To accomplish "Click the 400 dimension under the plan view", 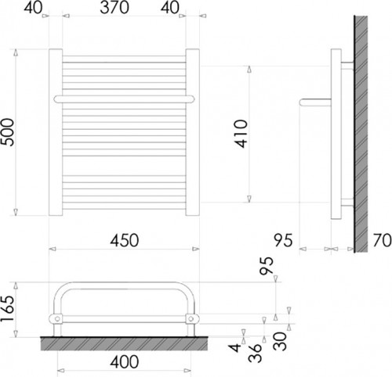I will click(x=125, y=362).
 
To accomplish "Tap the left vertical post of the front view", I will click(x=56, y=134).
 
